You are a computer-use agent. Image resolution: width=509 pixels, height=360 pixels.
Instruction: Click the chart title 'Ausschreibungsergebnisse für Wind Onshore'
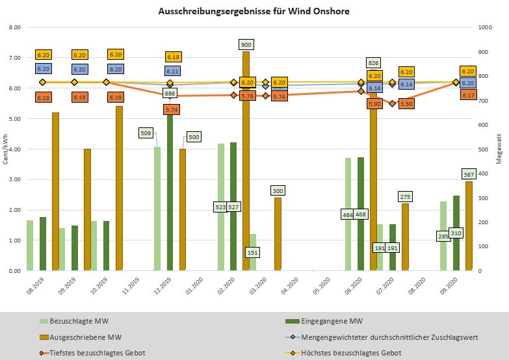coord(254,12)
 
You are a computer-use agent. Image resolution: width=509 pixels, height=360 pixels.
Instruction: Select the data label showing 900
coord(246,45)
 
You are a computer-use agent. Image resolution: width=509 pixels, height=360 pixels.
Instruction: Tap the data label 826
coord(373,63)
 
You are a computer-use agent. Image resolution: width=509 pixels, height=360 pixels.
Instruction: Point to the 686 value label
coord(170,94)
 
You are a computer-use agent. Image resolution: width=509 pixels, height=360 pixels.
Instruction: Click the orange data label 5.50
coord(406,103)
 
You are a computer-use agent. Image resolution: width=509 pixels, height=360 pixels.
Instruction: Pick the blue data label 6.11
coord(173,71)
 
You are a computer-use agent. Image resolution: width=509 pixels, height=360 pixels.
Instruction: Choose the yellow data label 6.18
coord(173,57)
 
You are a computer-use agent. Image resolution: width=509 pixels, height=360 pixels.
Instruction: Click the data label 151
coord(253,251)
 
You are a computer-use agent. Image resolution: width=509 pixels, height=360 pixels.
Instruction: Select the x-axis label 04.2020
coord(290,287)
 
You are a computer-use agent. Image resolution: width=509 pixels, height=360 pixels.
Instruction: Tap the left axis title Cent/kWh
coord(5,149)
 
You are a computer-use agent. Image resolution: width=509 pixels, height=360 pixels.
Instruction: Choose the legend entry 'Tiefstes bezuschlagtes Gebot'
coord(99,353)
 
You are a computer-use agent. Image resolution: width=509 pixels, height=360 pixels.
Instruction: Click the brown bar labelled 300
coord(278,234)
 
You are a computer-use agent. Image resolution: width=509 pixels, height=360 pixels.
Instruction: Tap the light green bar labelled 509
coord(157,208)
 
